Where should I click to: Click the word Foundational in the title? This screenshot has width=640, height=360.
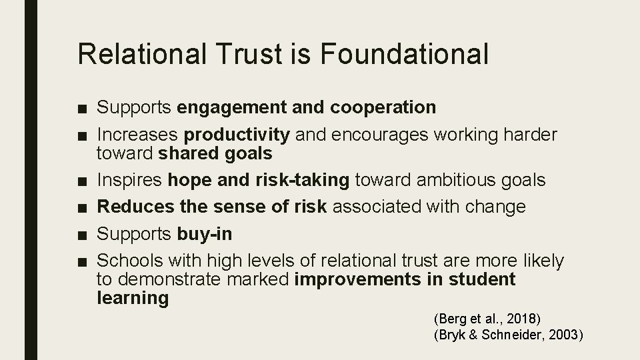pos(407,53)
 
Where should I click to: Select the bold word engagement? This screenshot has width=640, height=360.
pos(231,107)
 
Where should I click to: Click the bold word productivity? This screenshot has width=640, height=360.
pos(237,135)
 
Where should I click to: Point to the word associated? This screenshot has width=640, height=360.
pos(385,207)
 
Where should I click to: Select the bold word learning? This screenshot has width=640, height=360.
pos(133,297)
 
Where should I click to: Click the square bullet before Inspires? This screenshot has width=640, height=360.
pos(82,181)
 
